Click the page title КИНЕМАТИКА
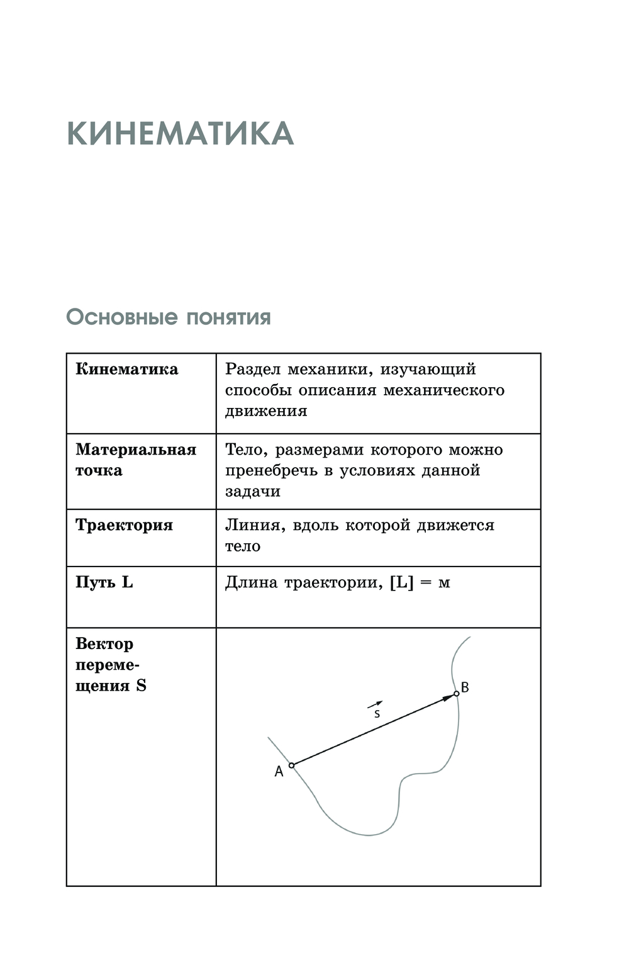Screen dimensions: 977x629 [x=180, y=134]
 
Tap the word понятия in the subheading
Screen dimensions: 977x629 [x=228, y=318]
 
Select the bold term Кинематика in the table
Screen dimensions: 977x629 [x=126, y=370]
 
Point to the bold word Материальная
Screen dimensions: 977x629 [x=136, y=449]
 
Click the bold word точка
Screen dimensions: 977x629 [x=99, y=471]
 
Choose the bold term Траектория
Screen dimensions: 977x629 [x=124, y=526]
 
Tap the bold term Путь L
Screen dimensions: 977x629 [x=104, y=582]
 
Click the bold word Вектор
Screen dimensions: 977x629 [x=104, y=644]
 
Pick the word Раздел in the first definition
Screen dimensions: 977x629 [x=253, y=370]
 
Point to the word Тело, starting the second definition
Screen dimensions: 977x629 [x=247, y=450]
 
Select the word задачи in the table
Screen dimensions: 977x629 [x=253, y=492]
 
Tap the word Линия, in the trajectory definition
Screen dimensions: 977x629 [x=255, y=526]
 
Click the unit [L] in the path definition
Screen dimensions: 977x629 [x=401, y=583]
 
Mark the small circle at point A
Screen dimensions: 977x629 [x=291, y=765]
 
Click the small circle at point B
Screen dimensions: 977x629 [x=457, y=694]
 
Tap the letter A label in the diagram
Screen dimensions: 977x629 [x=279, y=772]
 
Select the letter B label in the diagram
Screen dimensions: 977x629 [x=465, y=687]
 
